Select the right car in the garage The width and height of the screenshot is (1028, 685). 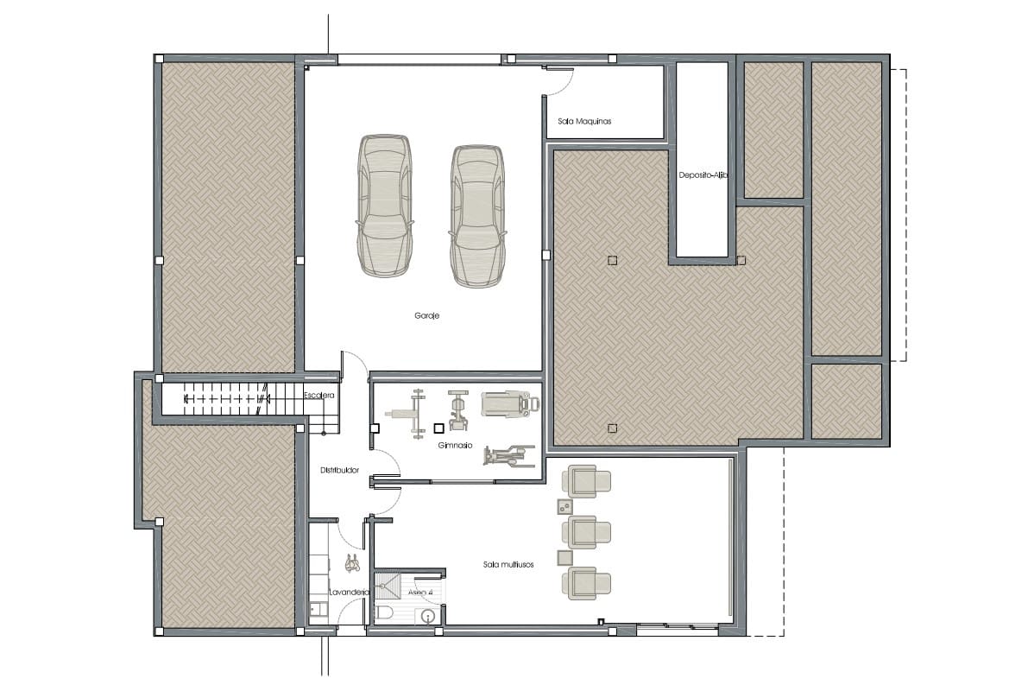point(476,216)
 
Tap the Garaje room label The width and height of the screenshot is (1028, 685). point(426,316)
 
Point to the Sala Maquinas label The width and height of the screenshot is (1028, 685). point(584,122)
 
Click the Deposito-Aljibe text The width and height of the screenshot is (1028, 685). point(703,174)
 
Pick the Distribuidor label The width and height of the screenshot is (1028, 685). point(339,471)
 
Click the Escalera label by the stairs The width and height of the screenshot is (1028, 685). point(318,395)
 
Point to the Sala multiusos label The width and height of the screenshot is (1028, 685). point(508,564)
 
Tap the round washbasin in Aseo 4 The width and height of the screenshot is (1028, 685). point(426,616)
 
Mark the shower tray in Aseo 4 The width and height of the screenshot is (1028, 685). point(389,585)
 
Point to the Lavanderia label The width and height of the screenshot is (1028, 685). point(350,593)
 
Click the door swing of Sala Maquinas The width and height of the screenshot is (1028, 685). point(559,83)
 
